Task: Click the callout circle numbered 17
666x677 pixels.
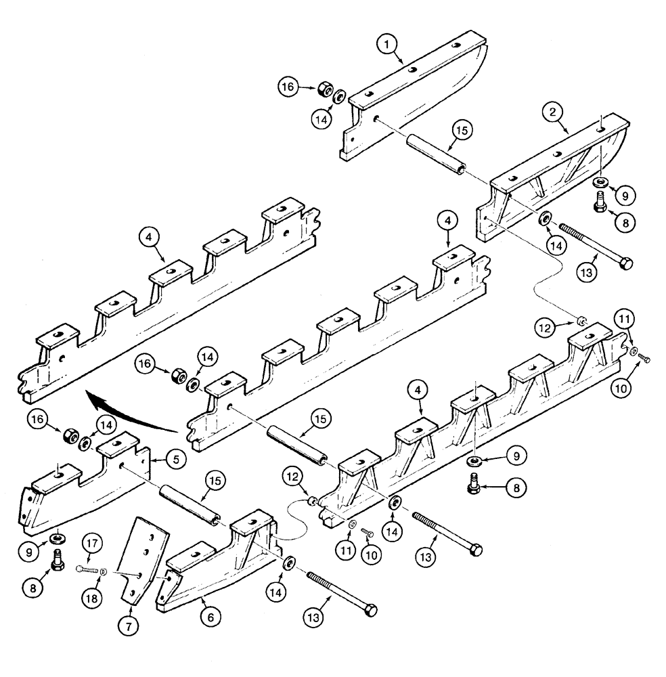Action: click(93, 543)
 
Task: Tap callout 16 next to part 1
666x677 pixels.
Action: click(288, 87)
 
